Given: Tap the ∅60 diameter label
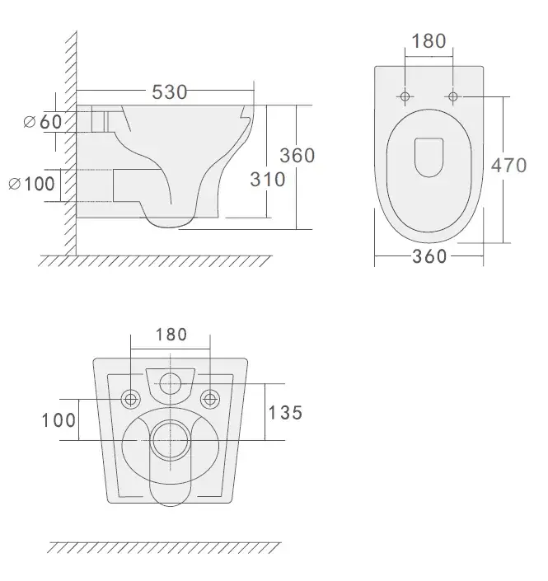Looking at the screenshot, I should pos(43,122).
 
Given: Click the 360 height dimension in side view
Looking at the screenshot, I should pos(297,154).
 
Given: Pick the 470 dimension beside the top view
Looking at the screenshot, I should pos(508,165).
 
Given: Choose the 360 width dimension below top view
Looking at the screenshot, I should pos(429,256).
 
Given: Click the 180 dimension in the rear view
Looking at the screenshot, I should pos(171,335).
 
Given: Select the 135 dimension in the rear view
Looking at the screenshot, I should pos(284,412).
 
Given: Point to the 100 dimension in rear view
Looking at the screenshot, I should pos(59,420).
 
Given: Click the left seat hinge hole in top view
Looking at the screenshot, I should pos(405,97).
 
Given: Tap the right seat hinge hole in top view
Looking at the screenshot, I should pos(452,97).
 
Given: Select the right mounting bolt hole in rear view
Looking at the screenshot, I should pos(211,400).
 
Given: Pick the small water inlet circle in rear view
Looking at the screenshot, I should pos(171,382).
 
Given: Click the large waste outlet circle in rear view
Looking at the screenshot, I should pos(171,434).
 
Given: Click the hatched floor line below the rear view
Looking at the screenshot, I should pos(165,547).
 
